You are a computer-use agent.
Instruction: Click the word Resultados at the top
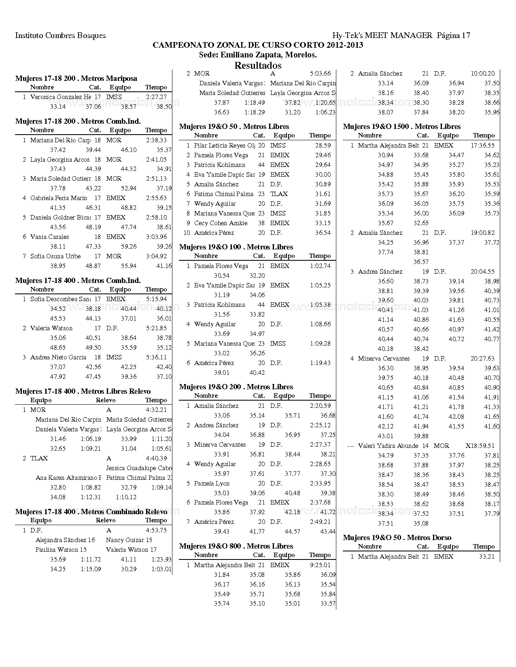(x=258, y=65)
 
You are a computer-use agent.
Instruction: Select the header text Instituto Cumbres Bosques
(x=60, y=35)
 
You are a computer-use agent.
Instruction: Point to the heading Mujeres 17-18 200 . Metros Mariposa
(x=76, y=78)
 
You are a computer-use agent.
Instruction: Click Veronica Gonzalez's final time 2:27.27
(x=156, y=97)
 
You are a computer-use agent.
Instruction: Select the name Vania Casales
(x=49, y=237)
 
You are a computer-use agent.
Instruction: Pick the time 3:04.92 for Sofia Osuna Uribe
(x=156, y=256)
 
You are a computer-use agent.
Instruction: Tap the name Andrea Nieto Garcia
(x=58, y=357)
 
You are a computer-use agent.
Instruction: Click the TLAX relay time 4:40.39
(x=156, y=458)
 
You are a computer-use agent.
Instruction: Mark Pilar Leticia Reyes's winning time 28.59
(x=323, y=146)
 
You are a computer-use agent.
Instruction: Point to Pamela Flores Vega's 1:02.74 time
(x=320, y=266)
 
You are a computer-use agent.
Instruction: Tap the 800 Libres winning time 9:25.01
(x=320, y=565)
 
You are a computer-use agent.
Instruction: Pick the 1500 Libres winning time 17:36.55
(x=482, y=146)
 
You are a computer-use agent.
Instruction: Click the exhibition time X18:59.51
(x=480, y=446)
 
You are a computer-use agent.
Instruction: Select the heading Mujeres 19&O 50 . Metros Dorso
(x=397, y=537)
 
